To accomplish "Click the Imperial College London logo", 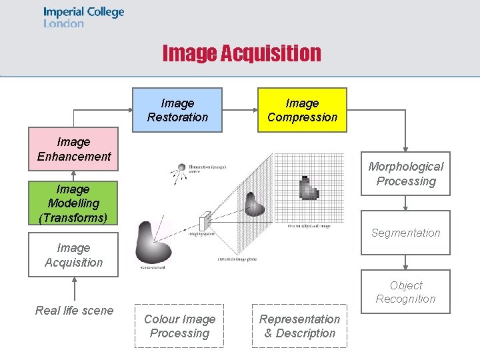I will (83, 17).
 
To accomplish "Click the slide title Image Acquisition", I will (241, 53).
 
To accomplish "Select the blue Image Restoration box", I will (177, 110).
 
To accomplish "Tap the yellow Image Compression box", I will (302, 110).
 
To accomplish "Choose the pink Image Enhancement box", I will (74, 149).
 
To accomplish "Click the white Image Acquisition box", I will (73, 255).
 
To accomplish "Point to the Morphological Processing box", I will (405, 173).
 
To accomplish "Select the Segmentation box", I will (405, 233).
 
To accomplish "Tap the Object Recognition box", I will (405, 291).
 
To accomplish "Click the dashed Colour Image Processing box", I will (179, 326).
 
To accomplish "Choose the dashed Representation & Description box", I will (299, 326).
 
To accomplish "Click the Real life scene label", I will (74, 310).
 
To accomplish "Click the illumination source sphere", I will (181, 167).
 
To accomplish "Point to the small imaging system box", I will (205, 219).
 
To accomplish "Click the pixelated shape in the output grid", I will (309, 187).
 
